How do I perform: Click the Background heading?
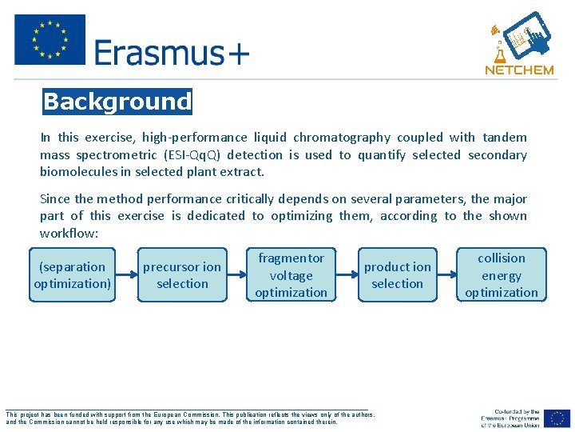pos(117,102)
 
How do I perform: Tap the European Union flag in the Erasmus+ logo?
pos(50,39)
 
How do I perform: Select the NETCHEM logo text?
pos(519,70)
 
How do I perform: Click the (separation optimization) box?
pos(72,275)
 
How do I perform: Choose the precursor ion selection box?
pos(182,275)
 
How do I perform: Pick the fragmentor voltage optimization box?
pos(291,275)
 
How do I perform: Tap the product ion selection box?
pos(397,275)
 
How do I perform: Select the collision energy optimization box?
pos(502,275)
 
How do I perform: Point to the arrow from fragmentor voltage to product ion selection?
pos(346,275)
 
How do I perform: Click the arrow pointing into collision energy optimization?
pos(447,275)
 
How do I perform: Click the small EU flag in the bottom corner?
pos(557,418)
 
